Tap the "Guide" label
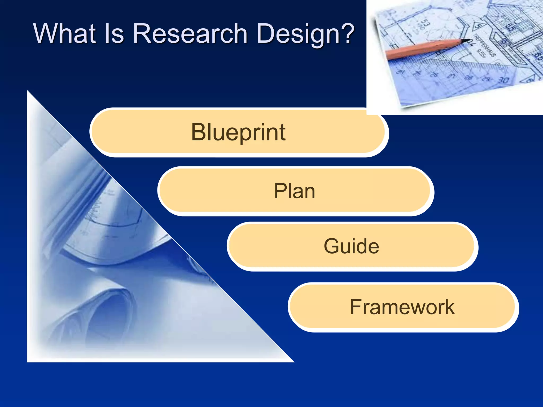tap(351, 246)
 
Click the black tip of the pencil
tap(465, 41)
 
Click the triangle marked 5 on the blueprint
tap(478, 26)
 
